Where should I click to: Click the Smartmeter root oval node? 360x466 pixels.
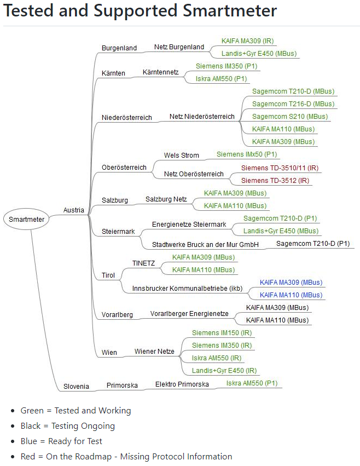click(26, 219)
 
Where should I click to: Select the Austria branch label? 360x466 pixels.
click(74, 210)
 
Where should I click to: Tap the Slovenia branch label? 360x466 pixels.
click(76, 387)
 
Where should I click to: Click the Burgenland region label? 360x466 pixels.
click(119, 48)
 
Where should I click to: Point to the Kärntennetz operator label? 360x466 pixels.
click(160, 72)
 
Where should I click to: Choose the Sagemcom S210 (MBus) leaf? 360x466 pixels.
click(290, 117)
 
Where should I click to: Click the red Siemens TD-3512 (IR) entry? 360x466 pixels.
click(275, 180)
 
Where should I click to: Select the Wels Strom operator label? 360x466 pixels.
click(181, 155)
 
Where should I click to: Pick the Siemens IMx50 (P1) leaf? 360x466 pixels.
click(247, 154)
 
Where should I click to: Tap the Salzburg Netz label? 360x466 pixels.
click(166, 199)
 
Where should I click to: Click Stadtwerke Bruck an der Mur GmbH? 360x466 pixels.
click(205, 245)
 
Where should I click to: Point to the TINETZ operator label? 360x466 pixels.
click(143, 263)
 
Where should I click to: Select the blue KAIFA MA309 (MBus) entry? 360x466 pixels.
click(291, 283)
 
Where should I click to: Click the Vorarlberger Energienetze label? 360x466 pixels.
click(189, 314)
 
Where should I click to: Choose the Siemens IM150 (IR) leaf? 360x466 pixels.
click(222, 333)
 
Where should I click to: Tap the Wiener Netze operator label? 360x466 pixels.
click(154, 352)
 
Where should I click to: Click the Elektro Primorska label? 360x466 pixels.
click(182, 384)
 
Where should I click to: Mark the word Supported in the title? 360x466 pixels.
click(136, 11)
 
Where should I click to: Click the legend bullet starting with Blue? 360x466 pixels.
click(61, 441)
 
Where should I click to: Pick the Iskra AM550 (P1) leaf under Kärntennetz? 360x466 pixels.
click(221, 79)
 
